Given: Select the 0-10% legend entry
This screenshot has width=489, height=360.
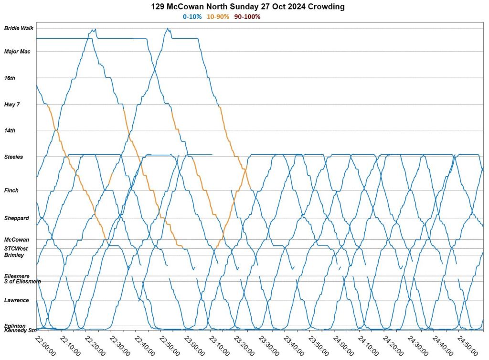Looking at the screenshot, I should click(192, 17).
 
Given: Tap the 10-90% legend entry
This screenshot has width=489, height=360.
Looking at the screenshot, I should click(218, 17).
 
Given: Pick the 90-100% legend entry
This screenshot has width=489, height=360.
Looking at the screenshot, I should click(247, 17).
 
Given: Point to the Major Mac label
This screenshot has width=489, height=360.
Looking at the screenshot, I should click(17, 52).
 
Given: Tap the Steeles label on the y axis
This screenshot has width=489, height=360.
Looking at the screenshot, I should click(13, 157).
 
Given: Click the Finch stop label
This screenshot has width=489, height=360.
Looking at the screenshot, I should click(11, 191).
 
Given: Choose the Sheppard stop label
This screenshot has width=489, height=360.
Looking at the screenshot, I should click(17, 218).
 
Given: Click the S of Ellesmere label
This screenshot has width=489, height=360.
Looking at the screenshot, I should click(22, 281).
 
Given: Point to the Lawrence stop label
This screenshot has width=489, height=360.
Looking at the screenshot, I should click(17, 300).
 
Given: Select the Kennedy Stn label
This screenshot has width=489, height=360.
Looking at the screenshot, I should click(20, 330).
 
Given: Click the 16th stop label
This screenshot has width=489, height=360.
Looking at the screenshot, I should click(10, 78).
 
